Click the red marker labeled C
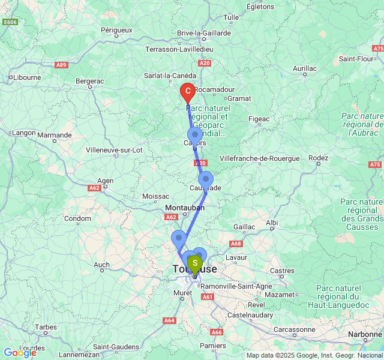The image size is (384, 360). coord(188,92)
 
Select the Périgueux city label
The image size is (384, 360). coord(116,29)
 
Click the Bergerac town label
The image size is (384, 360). coord(90,80)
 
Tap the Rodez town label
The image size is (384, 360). coord(318,158)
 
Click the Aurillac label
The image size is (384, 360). coord(304,68)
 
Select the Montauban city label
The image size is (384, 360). coord(185,208)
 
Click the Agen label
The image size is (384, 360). coord(106,180)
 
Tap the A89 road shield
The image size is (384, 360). coord(61,65)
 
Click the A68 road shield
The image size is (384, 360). coord(235,244)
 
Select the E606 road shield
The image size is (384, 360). coord(10,22)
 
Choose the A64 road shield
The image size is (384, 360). coord(169,320)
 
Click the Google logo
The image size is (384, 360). coord(19,353)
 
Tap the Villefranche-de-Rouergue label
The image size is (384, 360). coord(259,158)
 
